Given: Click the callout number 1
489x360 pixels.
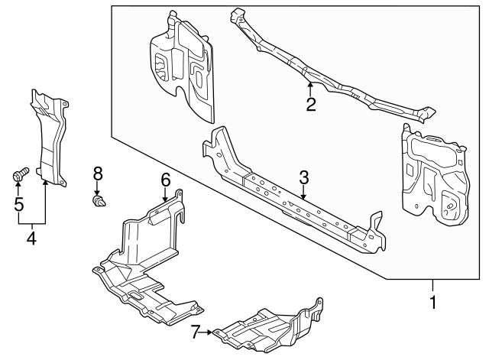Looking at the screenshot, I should point(432,303).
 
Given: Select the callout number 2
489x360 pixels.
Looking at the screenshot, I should point(311,105).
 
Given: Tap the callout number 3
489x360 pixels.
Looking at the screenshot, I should point(304,177).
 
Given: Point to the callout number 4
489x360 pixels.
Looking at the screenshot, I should point(31,238).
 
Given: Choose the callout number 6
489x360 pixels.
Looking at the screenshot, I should point(165,180).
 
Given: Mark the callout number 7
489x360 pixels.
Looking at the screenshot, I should point(196,331).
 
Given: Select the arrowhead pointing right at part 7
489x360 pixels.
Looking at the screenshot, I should point(209,332).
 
